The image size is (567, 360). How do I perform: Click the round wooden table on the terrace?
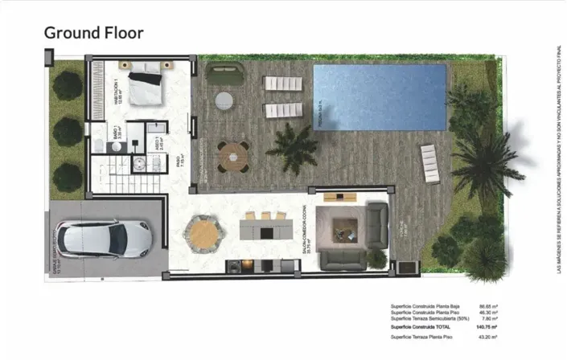[233, 154]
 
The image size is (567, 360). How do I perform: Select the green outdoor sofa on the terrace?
[220, 75]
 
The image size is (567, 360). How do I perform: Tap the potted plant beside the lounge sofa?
[374, 257]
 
